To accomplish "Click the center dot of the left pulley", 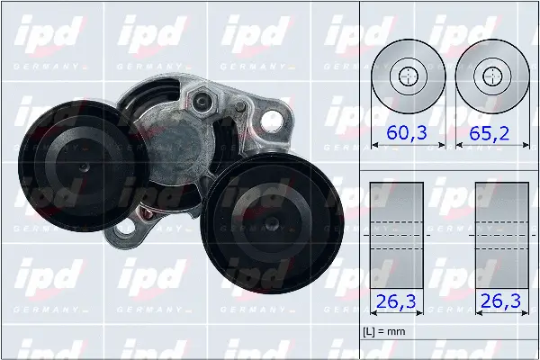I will pyautogui.click(x=82, y=166).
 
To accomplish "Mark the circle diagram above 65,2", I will pyautogui.click(x=490, y=76).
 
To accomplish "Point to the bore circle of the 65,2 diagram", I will pyautogui.click(x=490, y=76).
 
